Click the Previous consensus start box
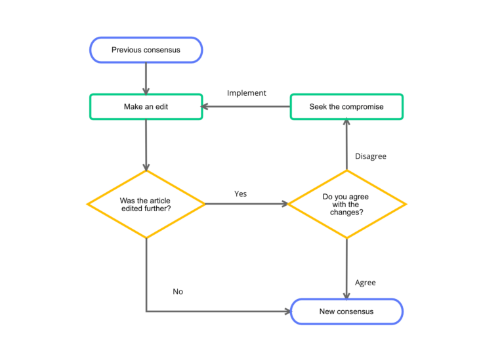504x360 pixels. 146,50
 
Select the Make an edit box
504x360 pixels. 146,106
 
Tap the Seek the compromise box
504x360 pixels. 346,106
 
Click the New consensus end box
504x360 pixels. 346,311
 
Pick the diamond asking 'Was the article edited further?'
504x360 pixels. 146,204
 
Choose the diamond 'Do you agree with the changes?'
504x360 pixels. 346,204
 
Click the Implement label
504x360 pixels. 246,93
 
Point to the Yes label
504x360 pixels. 240,194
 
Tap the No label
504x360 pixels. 178,291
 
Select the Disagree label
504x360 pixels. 370,157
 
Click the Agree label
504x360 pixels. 366,283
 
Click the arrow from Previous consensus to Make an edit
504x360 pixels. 146,77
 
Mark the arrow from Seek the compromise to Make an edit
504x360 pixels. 246,106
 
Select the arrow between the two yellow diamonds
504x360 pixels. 246,204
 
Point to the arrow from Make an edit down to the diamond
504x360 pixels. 146,144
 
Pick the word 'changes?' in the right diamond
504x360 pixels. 346,213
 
